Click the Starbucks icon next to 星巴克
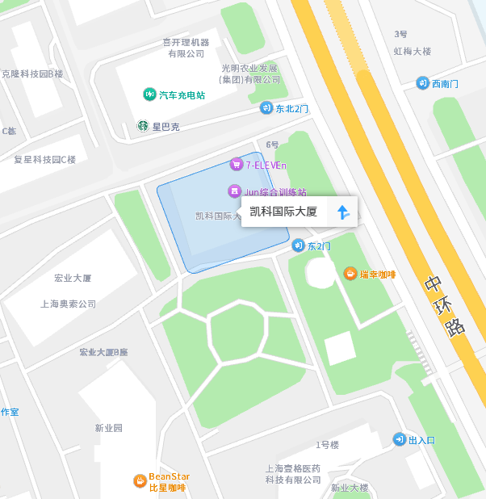click(142, 127)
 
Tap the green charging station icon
click(149, 94)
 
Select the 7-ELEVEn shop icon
click(237, 165)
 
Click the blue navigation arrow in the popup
click(342, 212)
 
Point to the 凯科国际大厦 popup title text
click(283, 212)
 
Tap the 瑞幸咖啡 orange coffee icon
click(350, 274)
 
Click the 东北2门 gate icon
click(266, 108)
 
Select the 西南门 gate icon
click(422, 83)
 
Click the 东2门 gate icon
click(299, 245)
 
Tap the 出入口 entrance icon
click(400, 439)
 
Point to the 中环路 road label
click(445, 306)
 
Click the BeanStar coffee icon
click(140, 481)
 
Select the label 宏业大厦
click(73, 278)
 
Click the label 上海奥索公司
click(69, 304)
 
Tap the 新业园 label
click(108, 428)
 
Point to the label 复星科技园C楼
click(45, 159)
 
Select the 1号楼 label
click(327, 445)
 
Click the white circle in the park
click(321, 274)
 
